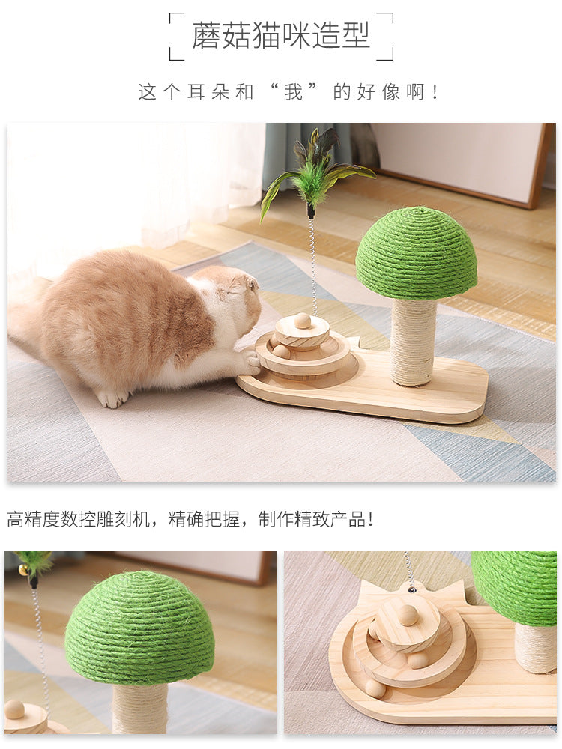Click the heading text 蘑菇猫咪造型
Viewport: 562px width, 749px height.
click(x=281, y=35)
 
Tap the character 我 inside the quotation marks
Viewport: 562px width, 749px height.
click(x=294, y=91)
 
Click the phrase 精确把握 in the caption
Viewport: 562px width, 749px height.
click(x=204, y=519)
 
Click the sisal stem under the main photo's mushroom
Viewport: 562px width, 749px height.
click(x=414, y=342)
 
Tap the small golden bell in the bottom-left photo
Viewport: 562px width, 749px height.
click(x=22, y=570)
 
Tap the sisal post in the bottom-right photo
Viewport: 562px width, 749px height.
click(x=535, y=647)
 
